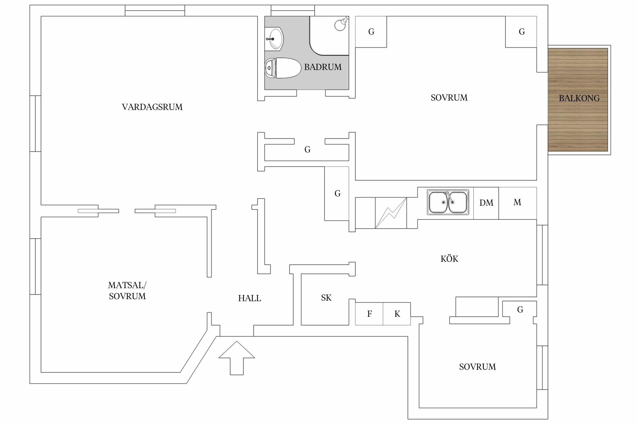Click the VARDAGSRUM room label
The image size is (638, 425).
[152, 107]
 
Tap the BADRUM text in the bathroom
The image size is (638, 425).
[323, 67]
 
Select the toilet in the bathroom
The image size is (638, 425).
[283, 68]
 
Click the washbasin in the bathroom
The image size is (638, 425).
[274, 39]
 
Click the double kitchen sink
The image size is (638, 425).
[448, 202]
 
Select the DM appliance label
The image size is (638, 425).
[486, 203]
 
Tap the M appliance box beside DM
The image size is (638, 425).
[517, 202]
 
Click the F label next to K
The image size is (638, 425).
[369, 314]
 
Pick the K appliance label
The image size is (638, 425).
[397, 314]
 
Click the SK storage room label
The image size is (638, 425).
[326, 298]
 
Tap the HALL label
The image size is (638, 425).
[250, 298]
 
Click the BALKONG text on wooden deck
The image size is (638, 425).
[579, 98]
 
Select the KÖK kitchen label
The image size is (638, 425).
[449, 259]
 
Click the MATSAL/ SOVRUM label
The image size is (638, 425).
[127, 291]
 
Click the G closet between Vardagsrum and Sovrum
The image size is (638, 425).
[307, 150]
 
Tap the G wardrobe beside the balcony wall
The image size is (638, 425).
[521, 32]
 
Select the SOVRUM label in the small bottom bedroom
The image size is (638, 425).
[478, 367]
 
